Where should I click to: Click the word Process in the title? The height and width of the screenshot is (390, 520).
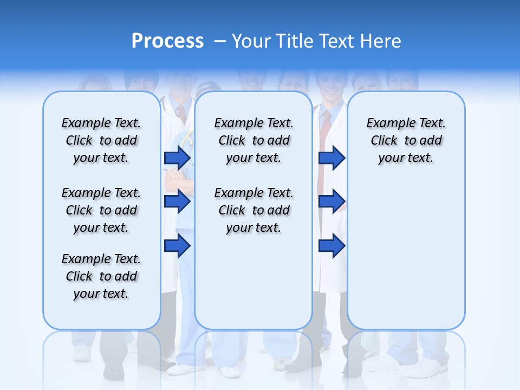tap(167, 41)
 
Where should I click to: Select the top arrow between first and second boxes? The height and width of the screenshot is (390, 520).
tap(177, 158)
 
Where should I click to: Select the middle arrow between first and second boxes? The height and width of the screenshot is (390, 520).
tap(177, 202)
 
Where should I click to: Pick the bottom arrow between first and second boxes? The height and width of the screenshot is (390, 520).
tap(177, 246)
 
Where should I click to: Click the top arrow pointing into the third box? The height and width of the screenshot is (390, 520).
tap(331, 158)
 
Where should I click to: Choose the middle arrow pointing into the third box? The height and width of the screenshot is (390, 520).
tap(331, 201)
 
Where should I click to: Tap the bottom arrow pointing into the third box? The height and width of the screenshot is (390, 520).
tap(331, 246)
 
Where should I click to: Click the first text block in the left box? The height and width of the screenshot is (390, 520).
tap(101, 140)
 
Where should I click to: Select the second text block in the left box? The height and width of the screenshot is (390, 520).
tap(101, 210)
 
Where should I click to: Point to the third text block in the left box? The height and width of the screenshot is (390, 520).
tap(101, 276)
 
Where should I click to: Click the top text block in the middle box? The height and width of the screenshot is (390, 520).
tap(253, 140)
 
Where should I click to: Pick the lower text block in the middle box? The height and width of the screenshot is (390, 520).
tap(253, 210)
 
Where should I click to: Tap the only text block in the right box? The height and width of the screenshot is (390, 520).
tap(406, 140)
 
